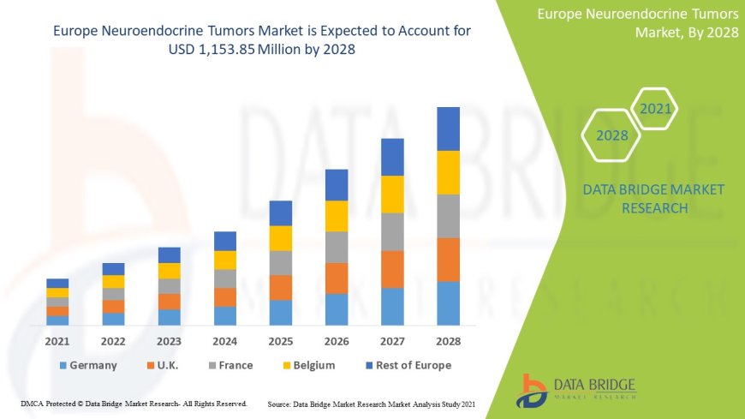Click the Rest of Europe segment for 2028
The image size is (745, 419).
(x=448, y=129)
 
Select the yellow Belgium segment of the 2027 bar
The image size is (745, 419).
(x=392, y=194)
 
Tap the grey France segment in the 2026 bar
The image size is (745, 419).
(x=337, y=247)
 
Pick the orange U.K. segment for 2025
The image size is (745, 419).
(x=281, y=287)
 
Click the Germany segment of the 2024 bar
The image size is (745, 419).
(x=225, y=315)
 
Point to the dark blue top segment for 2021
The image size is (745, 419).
(x=57, y=283)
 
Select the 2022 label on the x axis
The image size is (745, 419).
(x=113, y=341)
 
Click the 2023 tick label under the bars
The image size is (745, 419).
(x=170, y=341)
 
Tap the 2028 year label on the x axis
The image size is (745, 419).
(x=448, y=341)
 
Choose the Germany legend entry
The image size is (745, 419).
(x=87, y=365)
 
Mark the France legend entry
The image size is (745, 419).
(x=228, y=365)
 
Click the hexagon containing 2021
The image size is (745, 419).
(x=655, y=109)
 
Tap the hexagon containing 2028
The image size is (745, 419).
(x=611, y=135)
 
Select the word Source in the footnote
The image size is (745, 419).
(x=283, y=403)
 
